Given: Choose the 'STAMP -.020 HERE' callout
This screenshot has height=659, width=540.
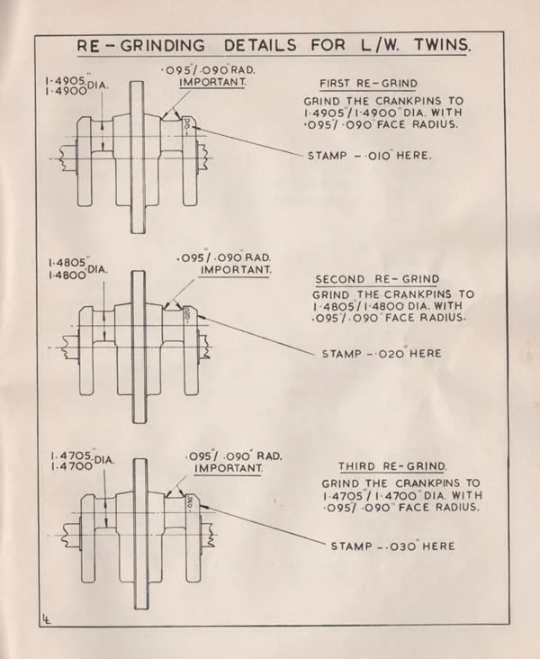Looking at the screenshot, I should coord(382,354).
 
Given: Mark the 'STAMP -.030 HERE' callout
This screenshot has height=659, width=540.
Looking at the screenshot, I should coord(392,546).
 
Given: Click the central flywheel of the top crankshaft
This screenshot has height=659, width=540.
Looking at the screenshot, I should coord(136,152).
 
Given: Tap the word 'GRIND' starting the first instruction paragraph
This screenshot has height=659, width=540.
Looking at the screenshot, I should coord(336,100).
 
